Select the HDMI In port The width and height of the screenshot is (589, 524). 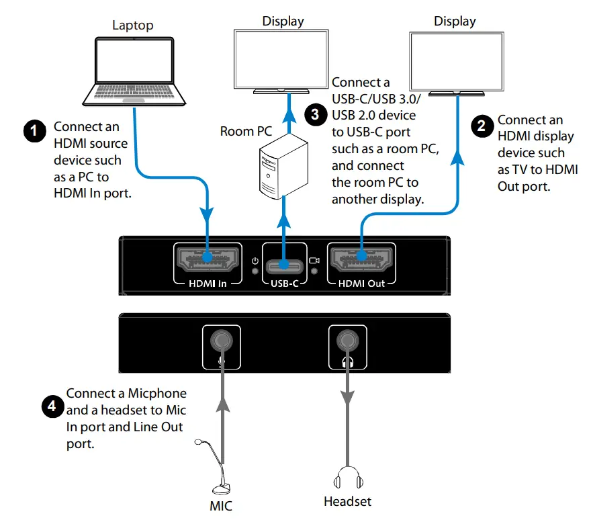coord(207,258)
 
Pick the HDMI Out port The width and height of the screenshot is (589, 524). coord(361,258)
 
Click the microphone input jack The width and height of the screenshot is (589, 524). coord(221,342)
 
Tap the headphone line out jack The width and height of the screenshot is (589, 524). coord(347,342)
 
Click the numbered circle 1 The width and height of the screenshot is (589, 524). coord(34,130)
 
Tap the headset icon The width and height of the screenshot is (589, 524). coord(347,478)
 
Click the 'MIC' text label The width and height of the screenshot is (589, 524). coord(221,506)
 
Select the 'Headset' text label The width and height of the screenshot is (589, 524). coord(347,502)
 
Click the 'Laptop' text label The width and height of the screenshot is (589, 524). coord(132,26)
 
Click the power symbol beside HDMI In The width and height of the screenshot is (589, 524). coord(255,261)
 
